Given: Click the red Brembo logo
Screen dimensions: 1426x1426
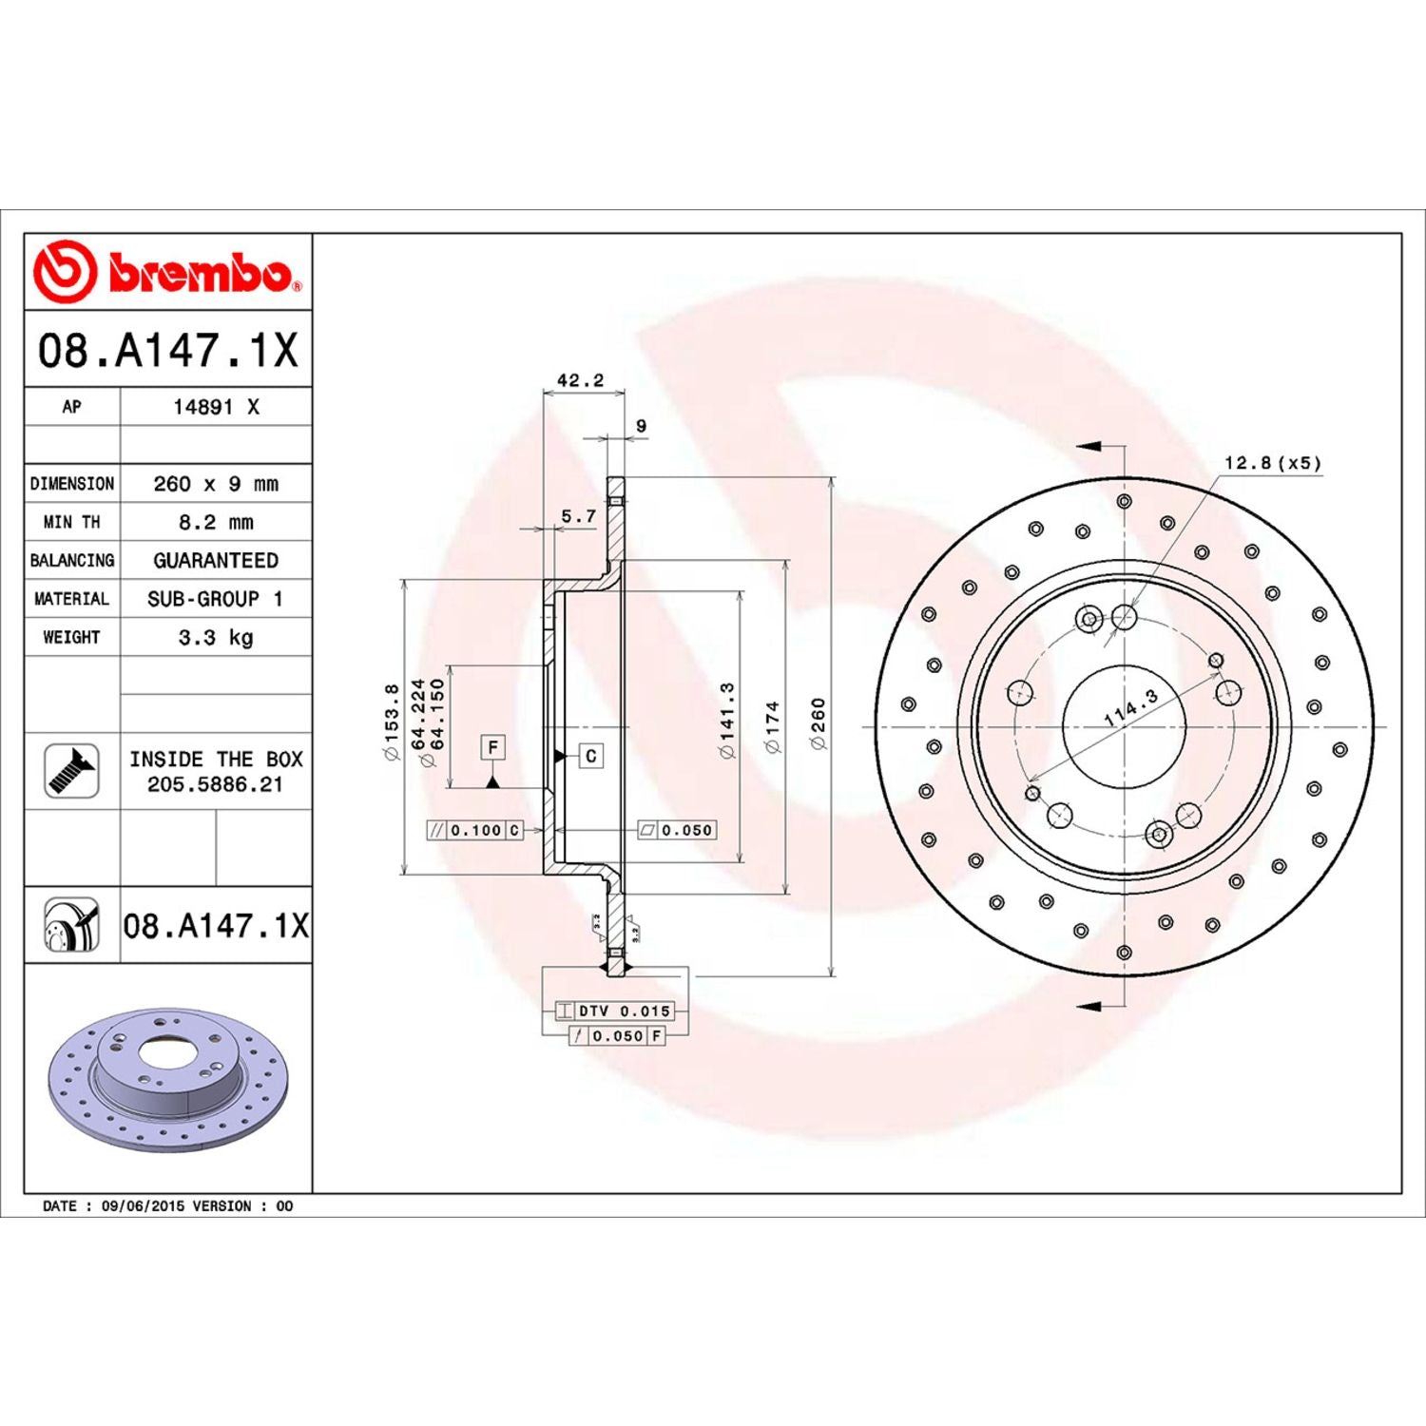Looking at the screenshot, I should [167, 272].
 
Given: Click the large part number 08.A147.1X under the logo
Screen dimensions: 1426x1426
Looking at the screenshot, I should [167, 350].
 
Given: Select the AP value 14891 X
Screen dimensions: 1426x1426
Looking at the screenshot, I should [216, 407].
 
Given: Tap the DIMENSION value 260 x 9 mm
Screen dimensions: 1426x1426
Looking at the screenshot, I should [216, 484].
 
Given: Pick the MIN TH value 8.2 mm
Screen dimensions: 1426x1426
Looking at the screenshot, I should [216, 522].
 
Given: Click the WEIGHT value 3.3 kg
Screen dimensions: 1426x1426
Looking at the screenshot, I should [216, 637].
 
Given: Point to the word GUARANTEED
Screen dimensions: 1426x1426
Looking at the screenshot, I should [216, 561].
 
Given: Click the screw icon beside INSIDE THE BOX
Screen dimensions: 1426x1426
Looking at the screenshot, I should [71, 771].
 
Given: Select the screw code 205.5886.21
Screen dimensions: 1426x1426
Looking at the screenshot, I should [215, 784].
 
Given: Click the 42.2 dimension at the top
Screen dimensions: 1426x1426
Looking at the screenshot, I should [580, 380].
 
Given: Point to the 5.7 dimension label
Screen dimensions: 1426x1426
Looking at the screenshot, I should [578, 516].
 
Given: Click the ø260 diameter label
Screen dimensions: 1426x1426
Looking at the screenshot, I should [819, 723].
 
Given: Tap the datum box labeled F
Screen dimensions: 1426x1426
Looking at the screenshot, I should [492, 747].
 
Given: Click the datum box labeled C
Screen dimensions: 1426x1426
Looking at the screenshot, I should [591, 756].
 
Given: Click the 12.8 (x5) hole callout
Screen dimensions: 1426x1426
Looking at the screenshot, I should [1272, 463].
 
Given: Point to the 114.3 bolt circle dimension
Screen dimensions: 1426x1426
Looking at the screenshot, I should [1130, 708].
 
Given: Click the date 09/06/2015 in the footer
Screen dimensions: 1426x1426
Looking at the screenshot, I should [143, 1205].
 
